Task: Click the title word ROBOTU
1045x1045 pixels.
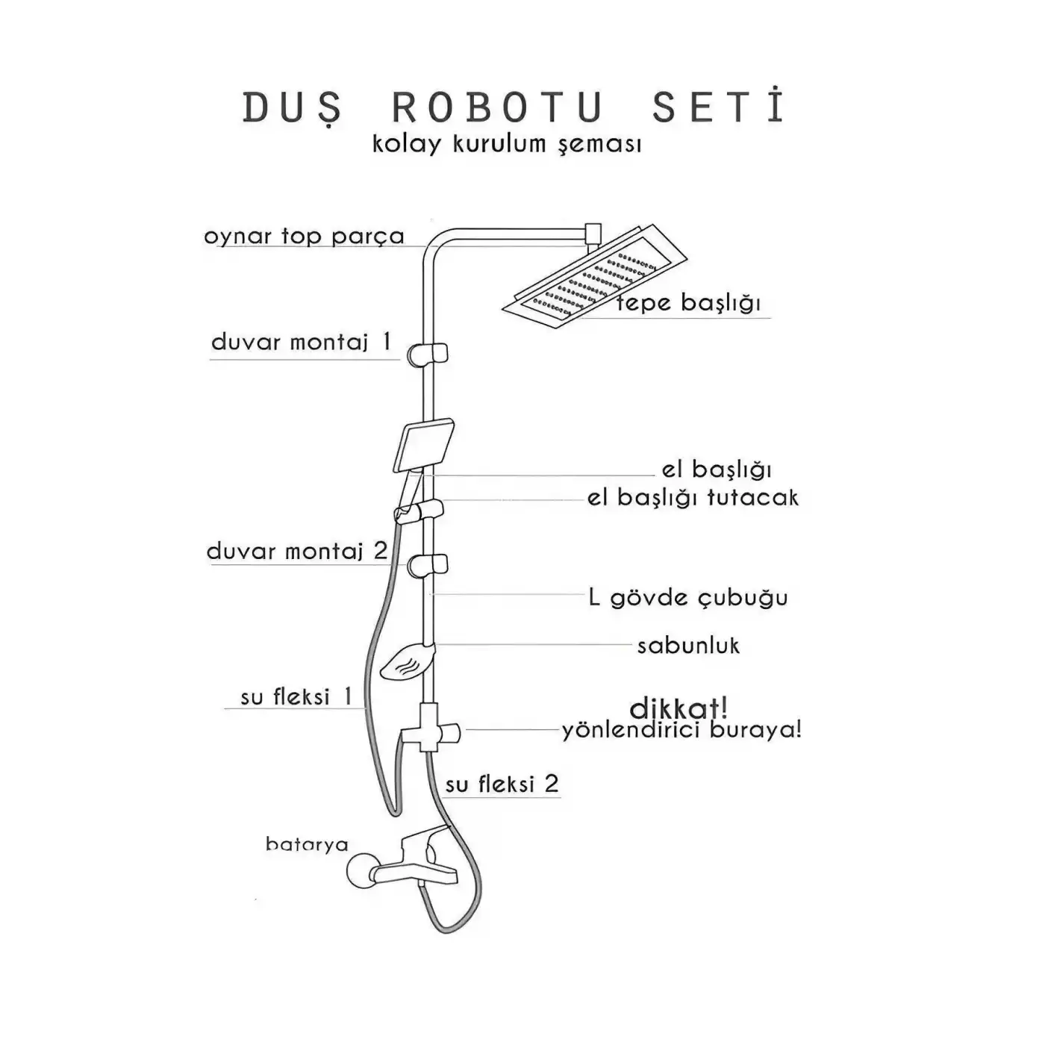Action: [x=498, y=108]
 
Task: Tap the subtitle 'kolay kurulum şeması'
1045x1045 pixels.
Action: [x=507, y=143]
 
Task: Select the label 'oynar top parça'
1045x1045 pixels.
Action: [x=304, y=237]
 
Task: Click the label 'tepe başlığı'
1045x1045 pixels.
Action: [x=687, y=303]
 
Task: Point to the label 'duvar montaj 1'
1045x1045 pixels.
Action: [x=301, y=342]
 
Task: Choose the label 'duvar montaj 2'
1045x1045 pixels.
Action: [x=297, y=552]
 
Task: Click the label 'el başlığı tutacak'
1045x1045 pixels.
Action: [x=692, y=497]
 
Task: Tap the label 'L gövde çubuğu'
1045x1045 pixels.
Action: [x=687, y=597]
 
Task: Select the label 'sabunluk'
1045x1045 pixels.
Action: [x=687, y=646]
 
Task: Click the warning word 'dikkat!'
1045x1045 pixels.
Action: [x=678, y=708]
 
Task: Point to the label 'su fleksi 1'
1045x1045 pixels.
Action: [x=296, y=697]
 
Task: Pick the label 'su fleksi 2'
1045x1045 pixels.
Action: [x=502, y=784]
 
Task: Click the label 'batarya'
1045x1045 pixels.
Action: [x=307, y=844]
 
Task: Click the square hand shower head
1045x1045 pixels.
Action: [x=424, y=445]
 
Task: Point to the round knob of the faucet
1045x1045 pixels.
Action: [x=361, y=871]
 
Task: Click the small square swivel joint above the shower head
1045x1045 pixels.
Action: [x=593, y=232]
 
